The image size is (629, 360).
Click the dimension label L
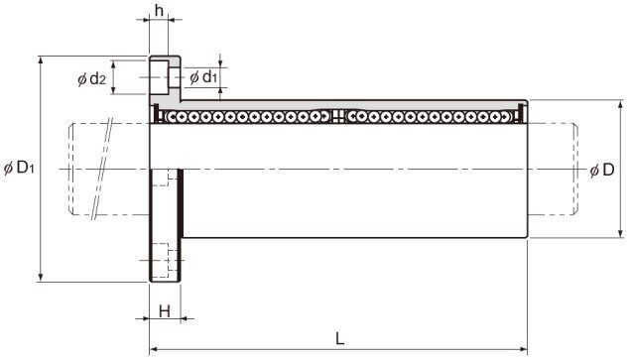click(x=340, y=337)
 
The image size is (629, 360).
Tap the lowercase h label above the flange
click(x=160, y=11)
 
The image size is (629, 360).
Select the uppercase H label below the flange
click(x=164, y=311)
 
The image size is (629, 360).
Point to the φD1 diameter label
click(x=21, y=169)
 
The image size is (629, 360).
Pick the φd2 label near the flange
click(x=92, y=77)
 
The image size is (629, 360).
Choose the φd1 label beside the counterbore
click(x=202, y=76)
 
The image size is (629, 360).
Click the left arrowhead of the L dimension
click(x=153, y=349)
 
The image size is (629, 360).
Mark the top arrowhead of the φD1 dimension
click(x=40, y=60)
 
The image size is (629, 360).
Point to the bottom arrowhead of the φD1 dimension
click(x=40, y=279)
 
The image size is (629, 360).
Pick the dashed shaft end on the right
click(x=576, y=169)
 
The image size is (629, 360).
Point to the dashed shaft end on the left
click(x=71, y=169)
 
